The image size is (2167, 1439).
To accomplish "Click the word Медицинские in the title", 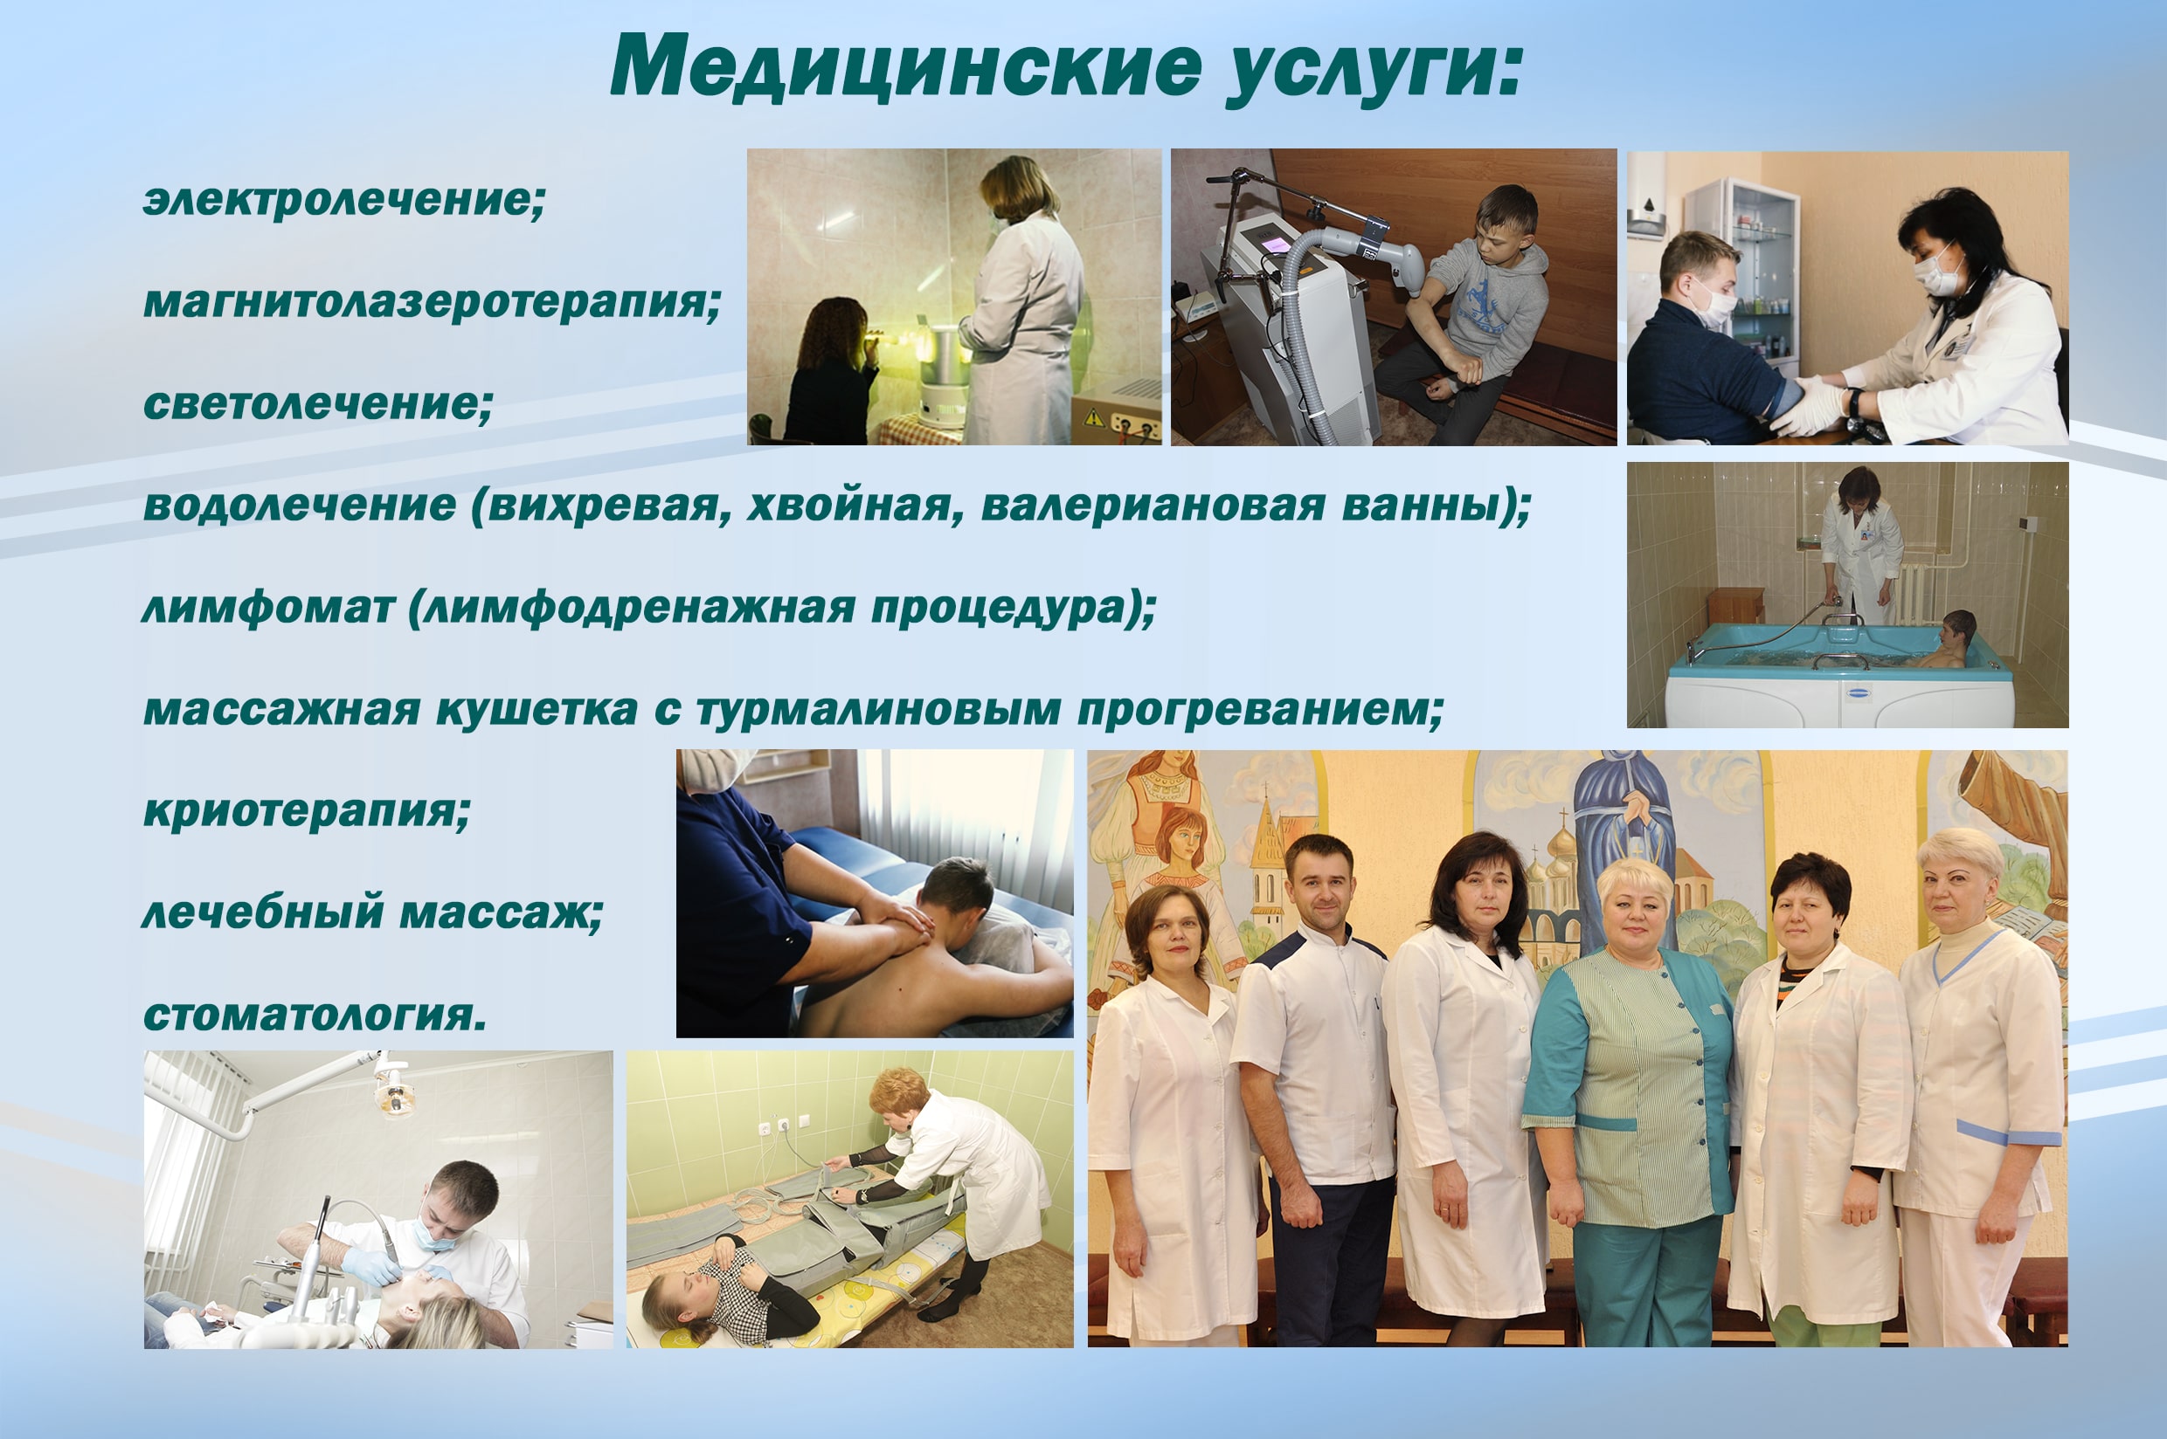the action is pyautogui.click(x=905, y=66).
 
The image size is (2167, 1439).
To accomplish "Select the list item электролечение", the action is pyautogui.click(x=345, y=200).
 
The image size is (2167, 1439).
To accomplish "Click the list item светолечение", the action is pyautogui.click(x=319, y=403).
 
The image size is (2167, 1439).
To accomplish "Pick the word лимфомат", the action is pyautogui.click(x=268, y=608).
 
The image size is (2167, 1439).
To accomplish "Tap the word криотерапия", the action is pyautogui.click(x=307, y=811).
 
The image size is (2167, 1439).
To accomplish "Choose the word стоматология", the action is pyautogui.click(x=315, y=1015).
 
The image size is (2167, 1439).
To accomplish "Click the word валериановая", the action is pyautogui.click(x=1153, y=506).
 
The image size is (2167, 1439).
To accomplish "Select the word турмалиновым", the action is pyautogui.click(x=879, y=710).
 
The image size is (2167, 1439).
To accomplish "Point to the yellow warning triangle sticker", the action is pyautogui.click(x=1094, y=417).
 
